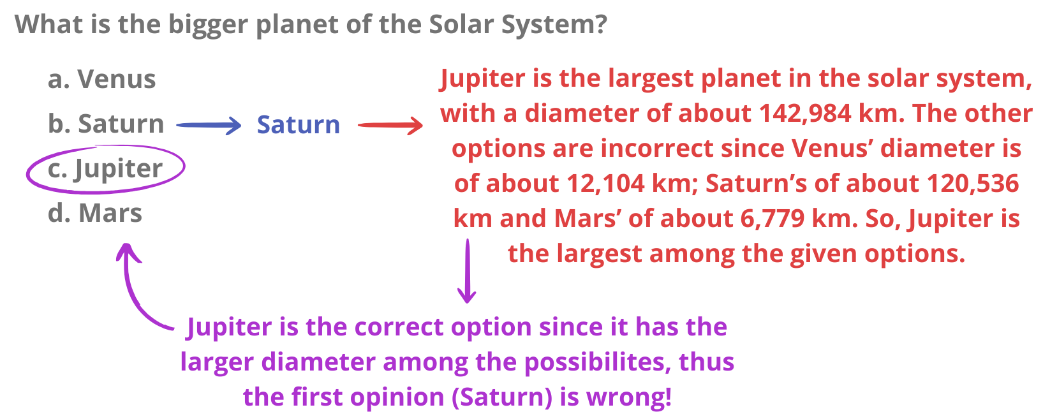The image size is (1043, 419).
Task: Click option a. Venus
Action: tap(102, 78)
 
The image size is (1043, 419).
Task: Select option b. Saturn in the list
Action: tap(106, 124)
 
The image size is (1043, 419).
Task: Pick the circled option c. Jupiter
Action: tap(105, 169)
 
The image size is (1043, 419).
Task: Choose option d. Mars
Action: tap(95, 213)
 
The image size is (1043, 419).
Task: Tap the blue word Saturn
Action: tap(299, 125)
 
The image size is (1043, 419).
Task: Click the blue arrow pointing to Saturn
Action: tap(209, 125)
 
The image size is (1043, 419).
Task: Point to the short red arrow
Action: tap(390, 125)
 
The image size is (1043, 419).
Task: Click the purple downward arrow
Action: tap(467, 270)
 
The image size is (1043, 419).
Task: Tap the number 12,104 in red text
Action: tap(606, 184)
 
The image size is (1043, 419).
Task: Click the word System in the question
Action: tap(554, 24)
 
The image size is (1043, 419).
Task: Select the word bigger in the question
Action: tap(208, 25)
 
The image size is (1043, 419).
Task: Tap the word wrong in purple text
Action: tap(628, 397)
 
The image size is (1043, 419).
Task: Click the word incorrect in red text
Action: tap(657, 149)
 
